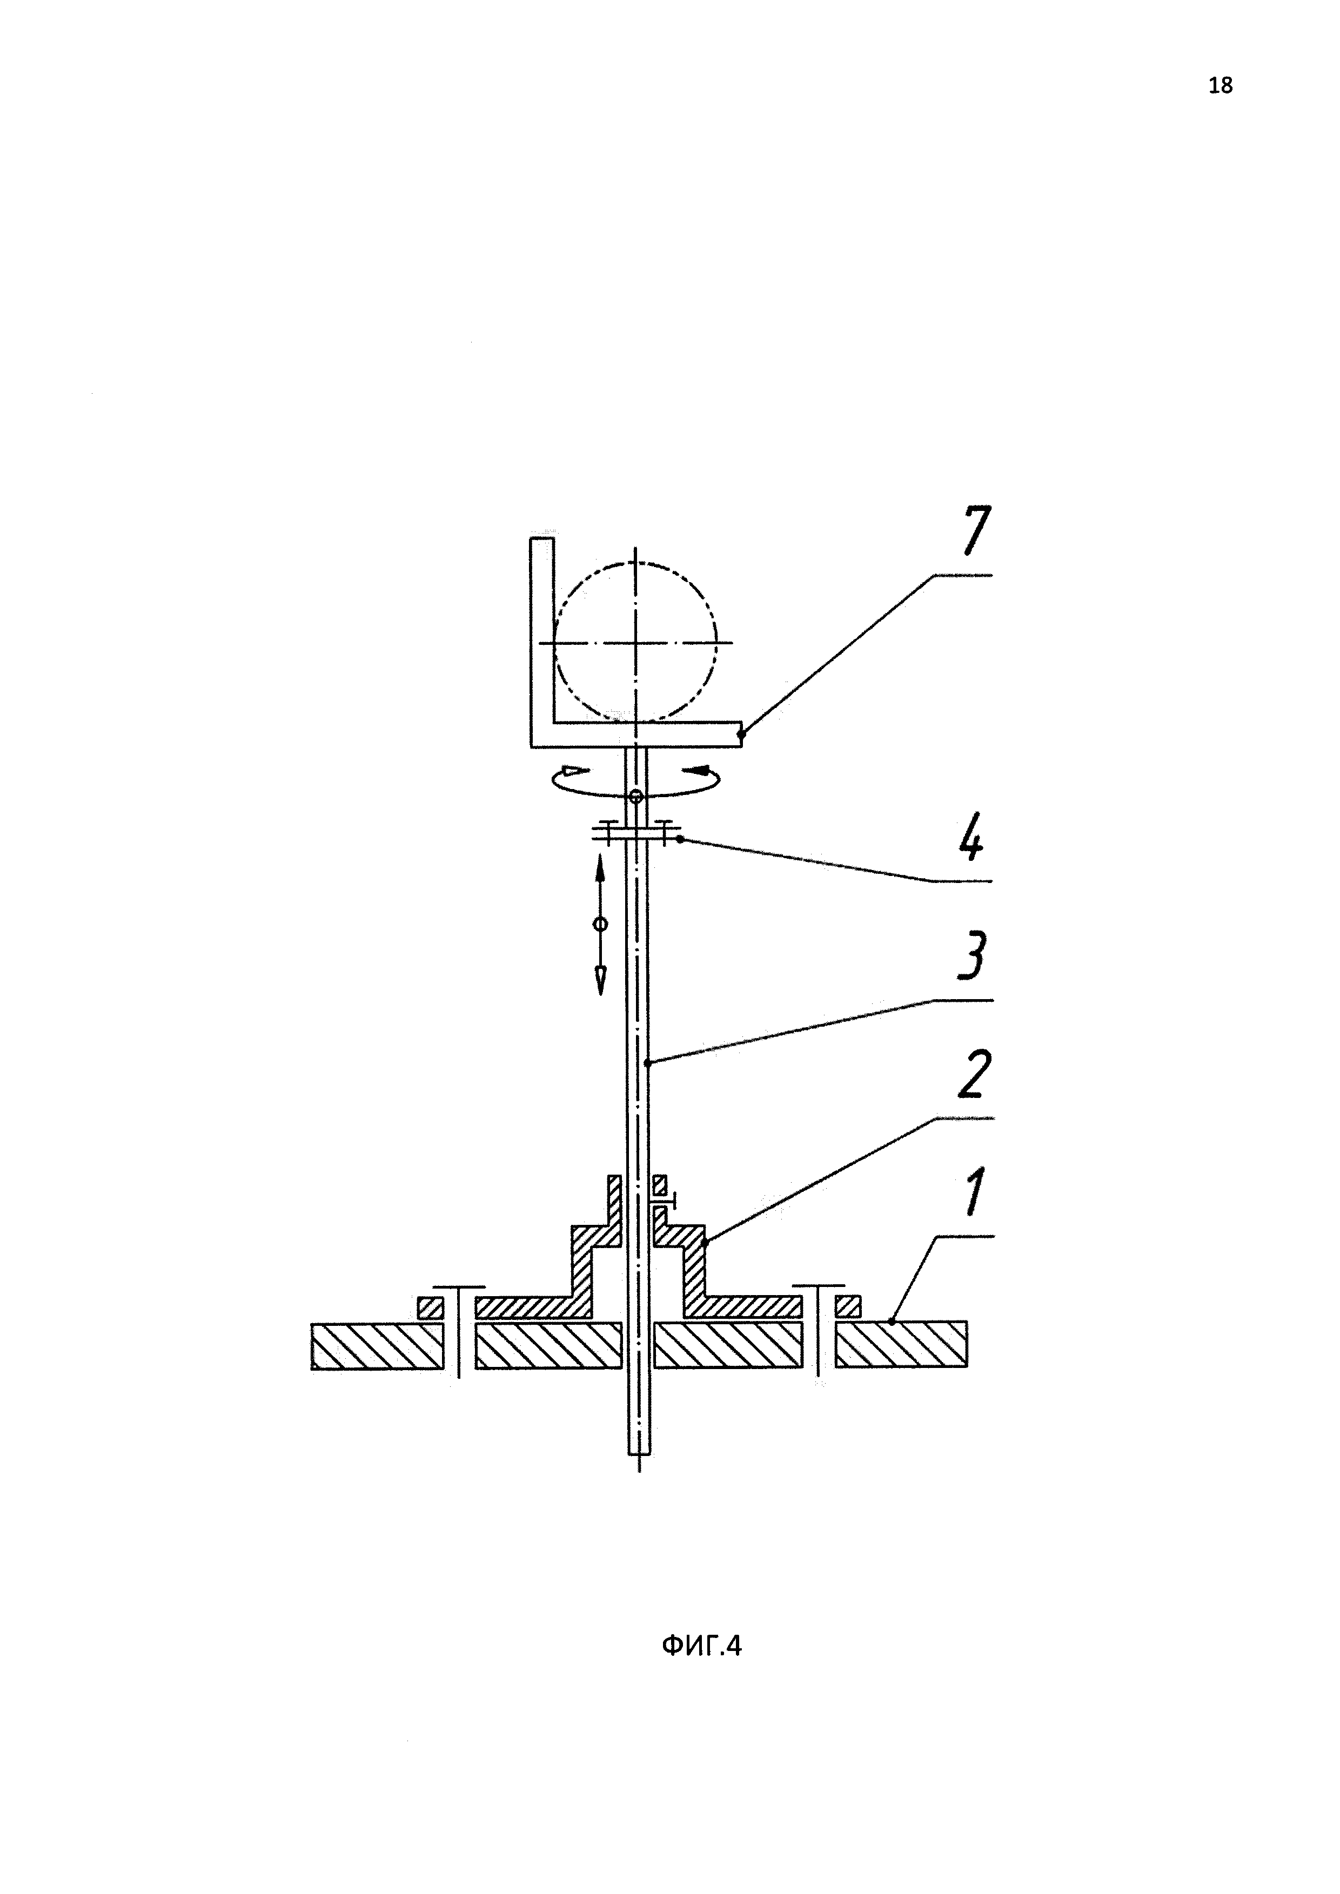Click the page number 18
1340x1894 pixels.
pos(1221,85)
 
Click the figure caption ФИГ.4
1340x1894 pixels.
pos(701,1647)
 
